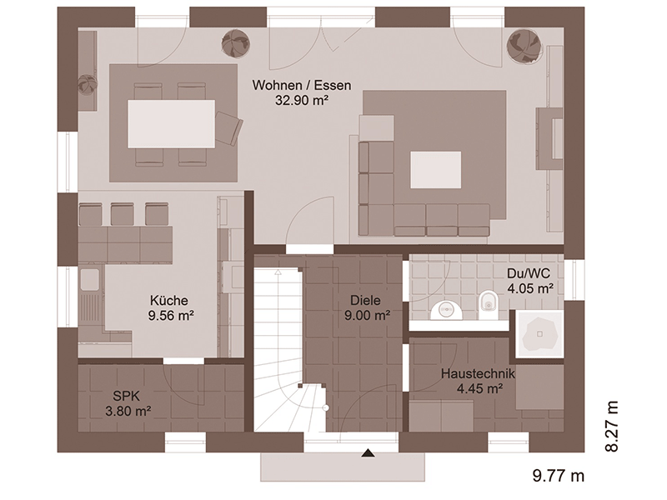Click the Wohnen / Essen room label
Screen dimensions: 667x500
click(x=302, y=85)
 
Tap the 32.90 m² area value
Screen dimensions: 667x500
click(x=302, y=100)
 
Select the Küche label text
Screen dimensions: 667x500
click(x=169, y=301)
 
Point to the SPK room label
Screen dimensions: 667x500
click(x=127, y=397)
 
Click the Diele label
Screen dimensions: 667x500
click(x=365, y=301)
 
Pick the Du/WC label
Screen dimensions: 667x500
click(x=529, y=273)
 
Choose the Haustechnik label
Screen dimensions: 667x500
click(x=478, y=373)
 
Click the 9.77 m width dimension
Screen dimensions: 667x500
click(x=559, y=475)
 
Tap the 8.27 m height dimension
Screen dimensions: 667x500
click(x=611, y=426)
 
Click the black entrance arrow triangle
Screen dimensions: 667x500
click(x=368, y=453)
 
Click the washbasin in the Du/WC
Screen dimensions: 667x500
click(x=446, y=310)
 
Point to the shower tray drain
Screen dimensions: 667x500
click(x=540, y=334)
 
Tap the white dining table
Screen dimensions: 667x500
click(x=172, y=123)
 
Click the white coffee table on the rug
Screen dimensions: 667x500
click(x=435, y=170)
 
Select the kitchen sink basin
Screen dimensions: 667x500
click(x=89, y=278)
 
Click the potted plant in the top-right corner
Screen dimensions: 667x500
click(x=524, y=46)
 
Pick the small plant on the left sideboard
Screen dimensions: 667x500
click(x=88, y=84)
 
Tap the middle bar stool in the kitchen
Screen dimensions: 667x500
click(x=122, y=214)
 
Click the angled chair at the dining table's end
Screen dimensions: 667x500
click(x=228, y=128)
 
